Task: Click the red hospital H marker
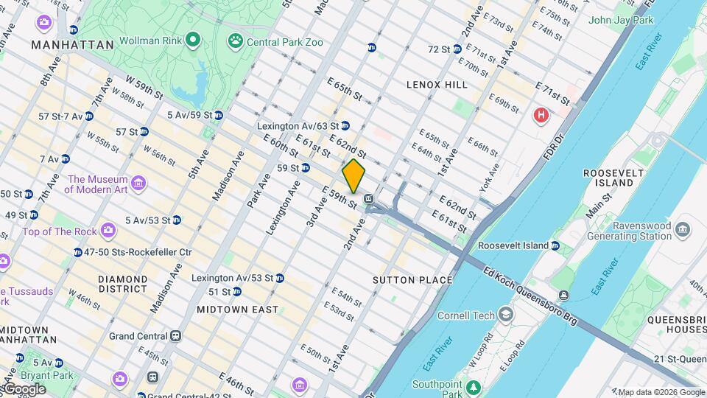click(541, 115)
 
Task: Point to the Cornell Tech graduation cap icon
click(506, 315)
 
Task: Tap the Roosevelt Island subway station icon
click(555, 245)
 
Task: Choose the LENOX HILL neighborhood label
click(437, 85)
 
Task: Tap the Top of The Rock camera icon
click(108, 231)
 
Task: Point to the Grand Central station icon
click(175, 336)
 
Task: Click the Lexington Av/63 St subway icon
click(345, 126)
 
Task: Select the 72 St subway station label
click(440, 49)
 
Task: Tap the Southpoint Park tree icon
click(472, 386)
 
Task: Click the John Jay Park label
click(621, 20)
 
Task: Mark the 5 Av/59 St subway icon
click(219, 115)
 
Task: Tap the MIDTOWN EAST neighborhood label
click(237, 310)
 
